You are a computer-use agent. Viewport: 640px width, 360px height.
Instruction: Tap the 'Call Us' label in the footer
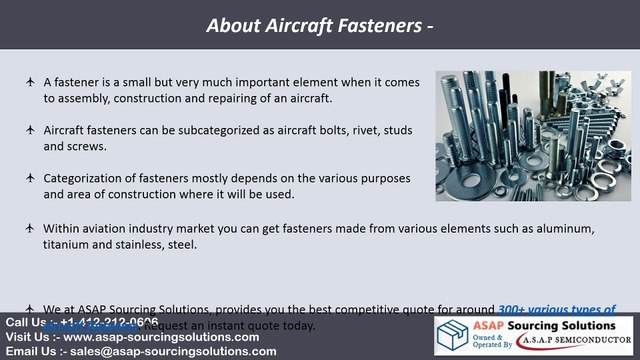tap(25, 323)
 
